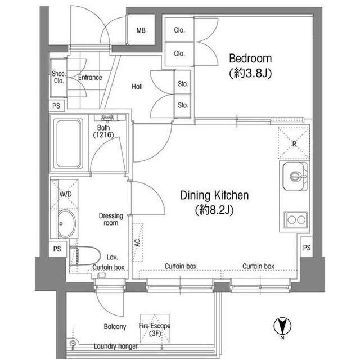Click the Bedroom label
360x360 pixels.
point(250,58)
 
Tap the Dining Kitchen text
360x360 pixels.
point(214,195)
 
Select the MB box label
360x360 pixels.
point(141,30)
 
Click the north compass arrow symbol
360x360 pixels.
point(282,326)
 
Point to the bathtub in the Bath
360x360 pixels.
point(69,143)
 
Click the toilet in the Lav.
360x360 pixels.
point(85,255)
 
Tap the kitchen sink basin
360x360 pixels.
point(295,176)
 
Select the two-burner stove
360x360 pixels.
point(295,220)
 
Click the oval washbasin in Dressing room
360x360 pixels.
point(66,224)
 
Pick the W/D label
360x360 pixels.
point(65,194)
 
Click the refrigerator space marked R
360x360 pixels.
point(294,143)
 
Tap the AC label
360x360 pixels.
point(137,243)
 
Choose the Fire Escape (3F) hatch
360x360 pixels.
point(155,328)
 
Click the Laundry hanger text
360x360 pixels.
point(116,346)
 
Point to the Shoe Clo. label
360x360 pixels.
point(58,77)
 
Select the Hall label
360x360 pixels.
point(137,87)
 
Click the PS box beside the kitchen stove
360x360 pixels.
point(307,247)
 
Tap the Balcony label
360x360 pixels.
point(115,326)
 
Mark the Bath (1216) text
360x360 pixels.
point(103,131)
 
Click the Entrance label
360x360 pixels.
point(90,78)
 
